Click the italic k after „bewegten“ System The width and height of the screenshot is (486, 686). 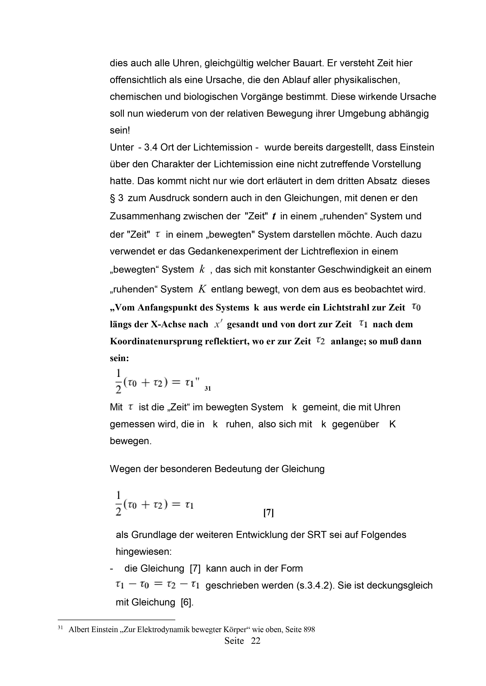pyautogui.click(x=202, y=270)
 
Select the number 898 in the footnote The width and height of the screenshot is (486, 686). pyautogui.click(x=309, y=629)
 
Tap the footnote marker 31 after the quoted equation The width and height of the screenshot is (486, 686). pyautogui.click(x=208, y=389)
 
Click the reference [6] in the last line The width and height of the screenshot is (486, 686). pyautogui.click(x=187, y=602)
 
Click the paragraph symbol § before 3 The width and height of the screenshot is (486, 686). pyautogui.click(x=113, y=198)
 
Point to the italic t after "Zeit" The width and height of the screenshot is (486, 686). pyautogui.click(x=274, y=216)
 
